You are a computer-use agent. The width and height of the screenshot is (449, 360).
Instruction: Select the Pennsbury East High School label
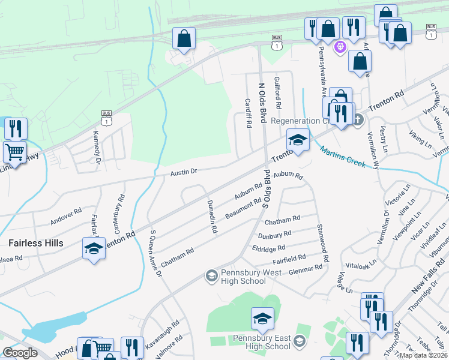[x=262, y=342]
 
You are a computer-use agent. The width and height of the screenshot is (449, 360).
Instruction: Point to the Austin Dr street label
[x=183, y=172]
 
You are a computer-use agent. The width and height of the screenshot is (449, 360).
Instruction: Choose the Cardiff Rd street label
[x=249, y=113]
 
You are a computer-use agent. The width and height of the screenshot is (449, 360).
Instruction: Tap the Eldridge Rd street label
[x=269, y=248]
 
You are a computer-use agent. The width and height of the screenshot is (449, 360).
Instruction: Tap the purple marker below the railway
[x=340, y=46]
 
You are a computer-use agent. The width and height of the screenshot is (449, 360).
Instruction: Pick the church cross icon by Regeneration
[x=358, y=119]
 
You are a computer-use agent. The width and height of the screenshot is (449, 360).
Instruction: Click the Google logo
[x=20, y=352]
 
